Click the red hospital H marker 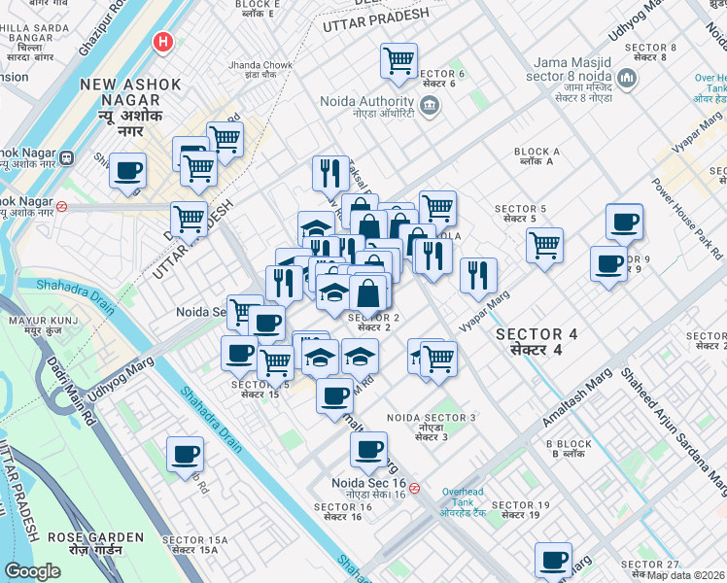click(x=163, y=43)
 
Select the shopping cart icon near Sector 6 click(x=398, y=60)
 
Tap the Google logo click(x=32, y=571)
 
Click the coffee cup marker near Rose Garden click(x=185, y=453)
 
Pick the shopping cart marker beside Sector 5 click(x=545, y=243)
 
